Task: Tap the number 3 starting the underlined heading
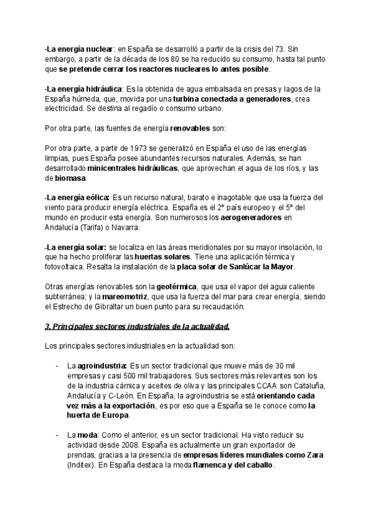point(48,326)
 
